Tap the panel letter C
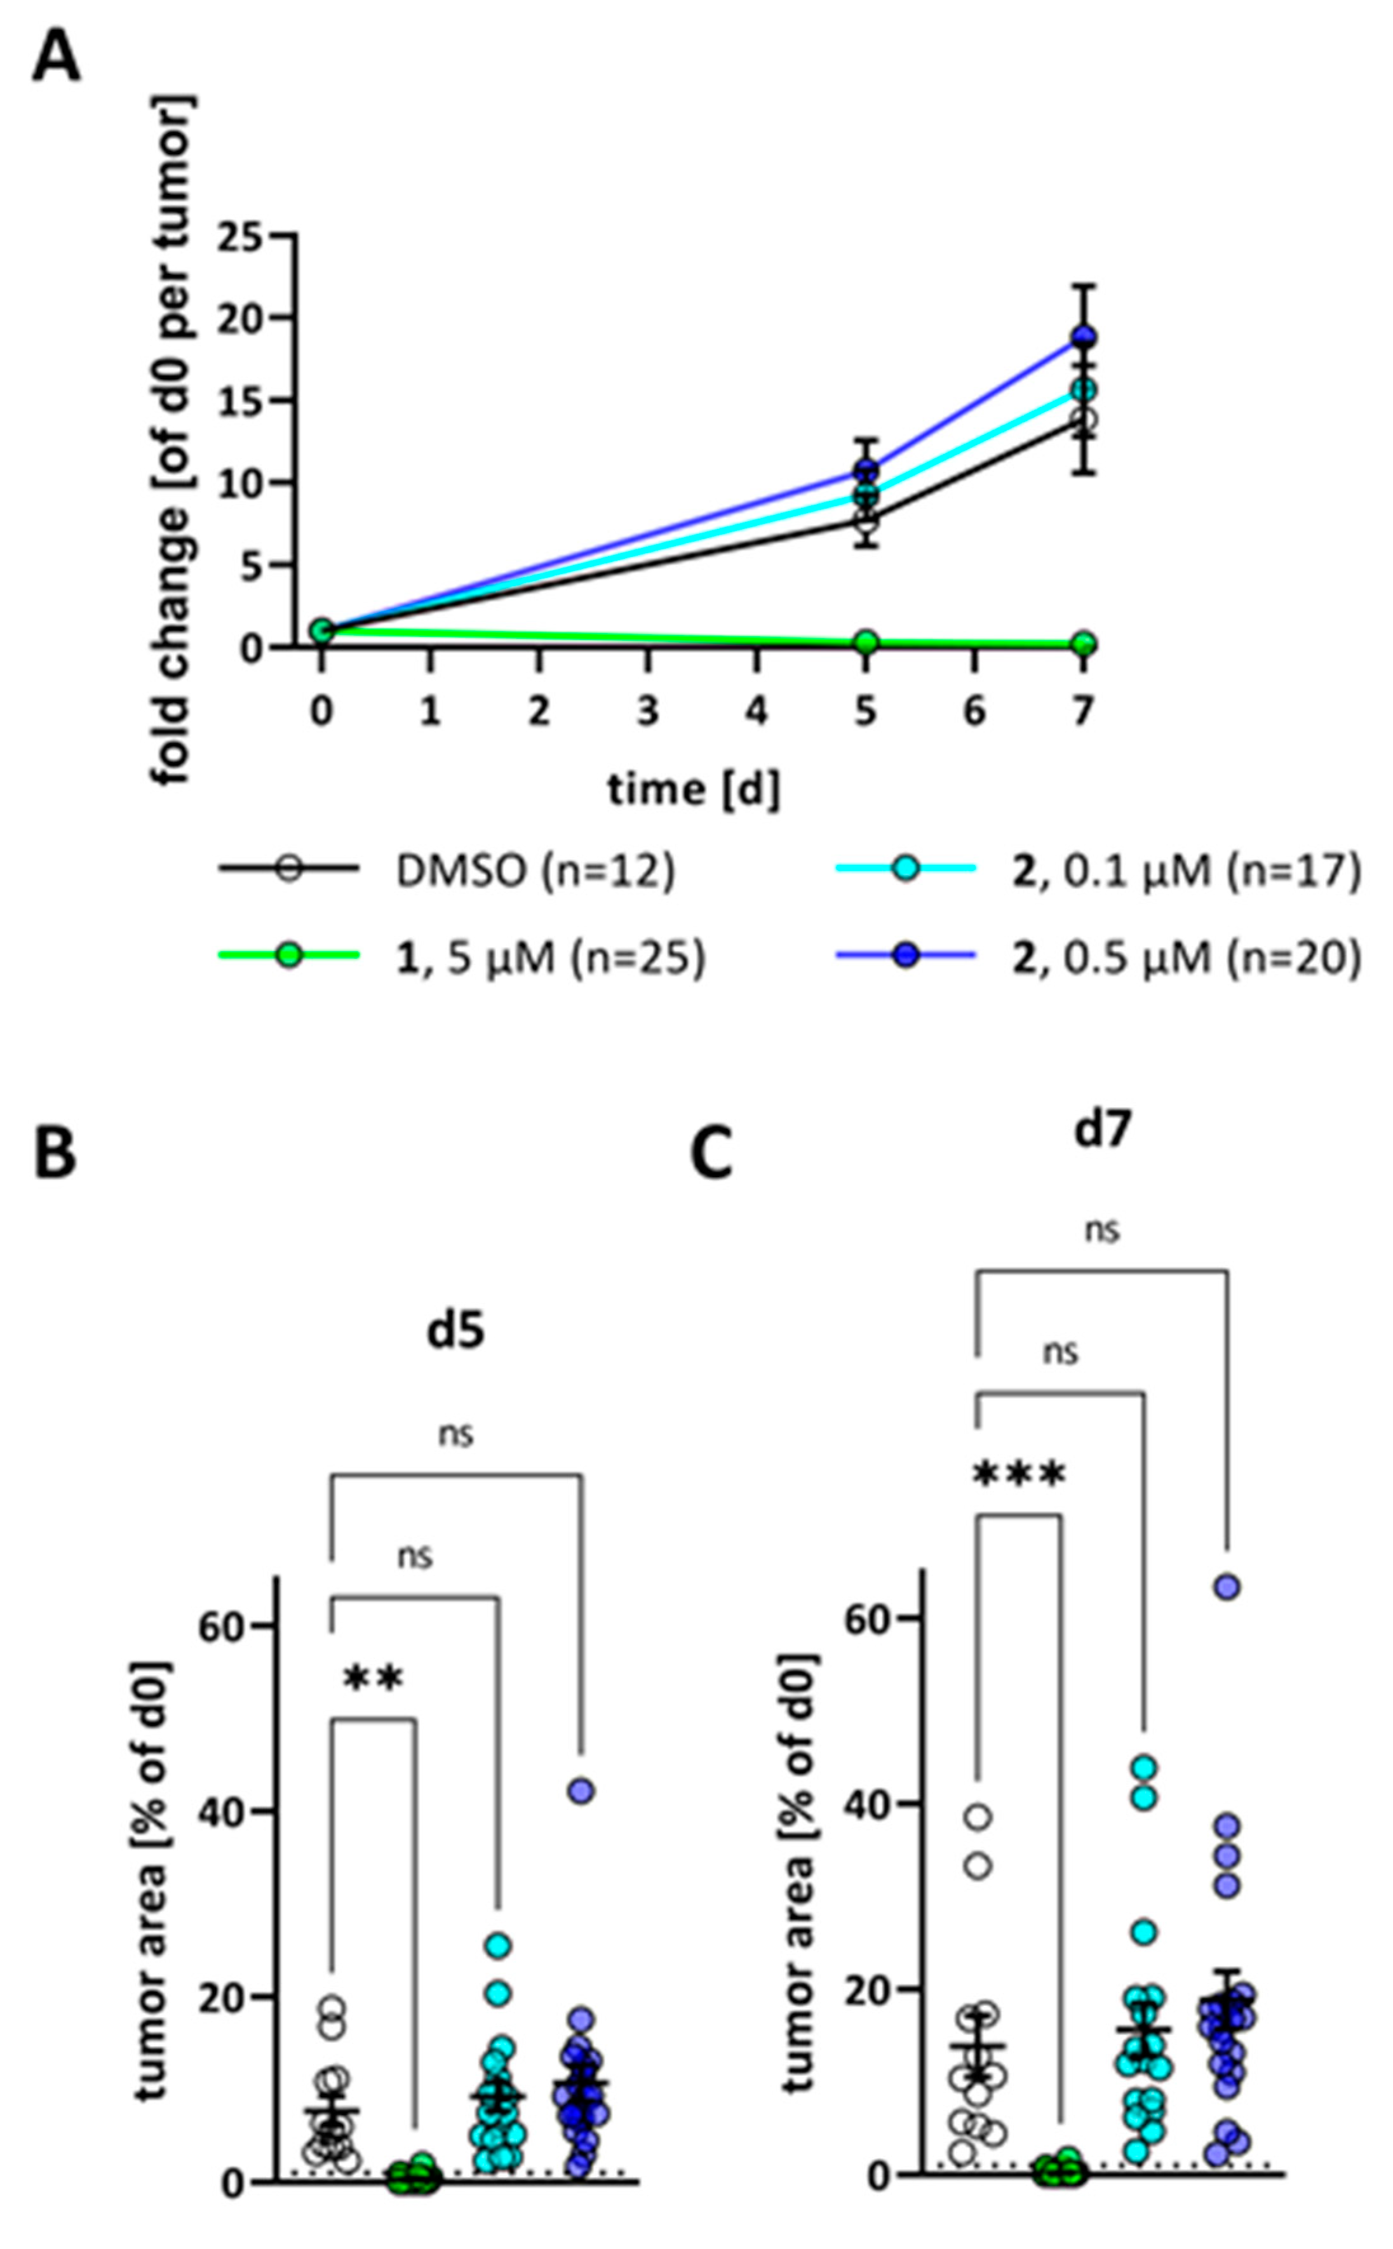tap(711, 1155)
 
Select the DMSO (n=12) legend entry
tap(534, 871)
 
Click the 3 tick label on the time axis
tap(648, 712)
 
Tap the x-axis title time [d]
tap(693, 789)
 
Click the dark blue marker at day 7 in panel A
tap(1084, 337)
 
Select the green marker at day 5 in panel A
tap(865, 642)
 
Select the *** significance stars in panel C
tap(1019, 1476)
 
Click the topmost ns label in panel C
tap(1102, 1231)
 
